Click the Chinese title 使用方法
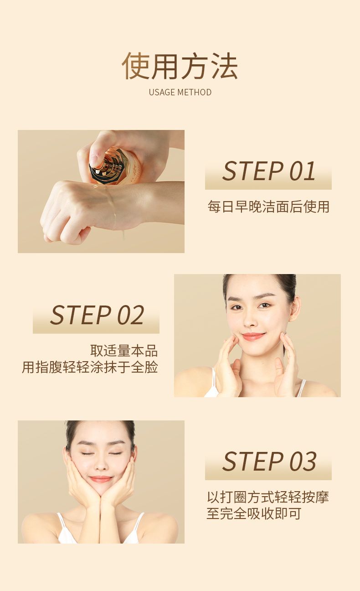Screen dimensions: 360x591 180,66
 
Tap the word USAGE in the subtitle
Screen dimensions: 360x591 162,92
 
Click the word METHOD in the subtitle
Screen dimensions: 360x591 195,92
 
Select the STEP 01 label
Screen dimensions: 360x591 268,171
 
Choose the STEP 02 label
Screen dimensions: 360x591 97,315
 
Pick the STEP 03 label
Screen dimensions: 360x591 269,461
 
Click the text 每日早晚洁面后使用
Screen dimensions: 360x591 268,206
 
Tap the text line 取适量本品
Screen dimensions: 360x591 124,351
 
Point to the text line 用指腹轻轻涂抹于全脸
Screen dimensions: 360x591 90,367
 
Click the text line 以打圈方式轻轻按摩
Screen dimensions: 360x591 268,497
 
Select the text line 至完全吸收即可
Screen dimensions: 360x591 254,513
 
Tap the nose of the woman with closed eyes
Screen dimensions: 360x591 100,464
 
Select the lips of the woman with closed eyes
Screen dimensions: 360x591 101,479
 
